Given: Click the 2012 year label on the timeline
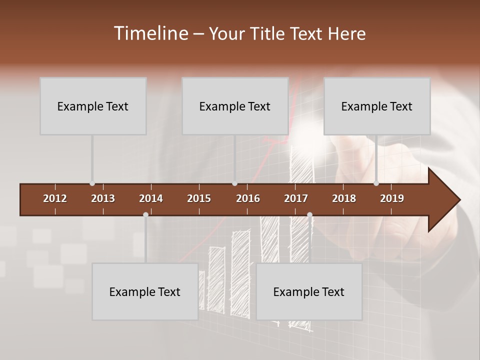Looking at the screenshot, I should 55,198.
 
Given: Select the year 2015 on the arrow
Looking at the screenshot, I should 199,198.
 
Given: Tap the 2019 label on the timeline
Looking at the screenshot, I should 392,198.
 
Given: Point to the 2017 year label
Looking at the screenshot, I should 296,198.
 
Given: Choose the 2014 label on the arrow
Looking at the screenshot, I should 151,198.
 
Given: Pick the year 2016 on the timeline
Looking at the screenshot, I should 248,198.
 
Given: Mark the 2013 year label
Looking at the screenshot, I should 103,198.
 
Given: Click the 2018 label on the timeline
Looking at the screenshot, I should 344,198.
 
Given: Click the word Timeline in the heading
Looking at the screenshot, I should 151,33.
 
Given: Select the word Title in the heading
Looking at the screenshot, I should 268,33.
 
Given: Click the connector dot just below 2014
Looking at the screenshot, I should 145,215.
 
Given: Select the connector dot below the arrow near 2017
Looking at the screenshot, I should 309,215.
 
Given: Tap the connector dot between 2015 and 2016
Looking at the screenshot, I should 234,183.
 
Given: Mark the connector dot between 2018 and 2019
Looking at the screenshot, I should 376,183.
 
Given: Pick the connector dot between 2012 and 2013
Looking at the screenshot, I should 92,183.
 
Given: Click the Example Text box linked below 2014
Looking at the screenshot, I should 145,291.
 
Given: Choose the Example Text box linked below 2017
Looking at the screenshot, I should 309,291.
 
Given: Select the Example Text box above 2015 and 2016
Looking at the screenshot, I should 235,106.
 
